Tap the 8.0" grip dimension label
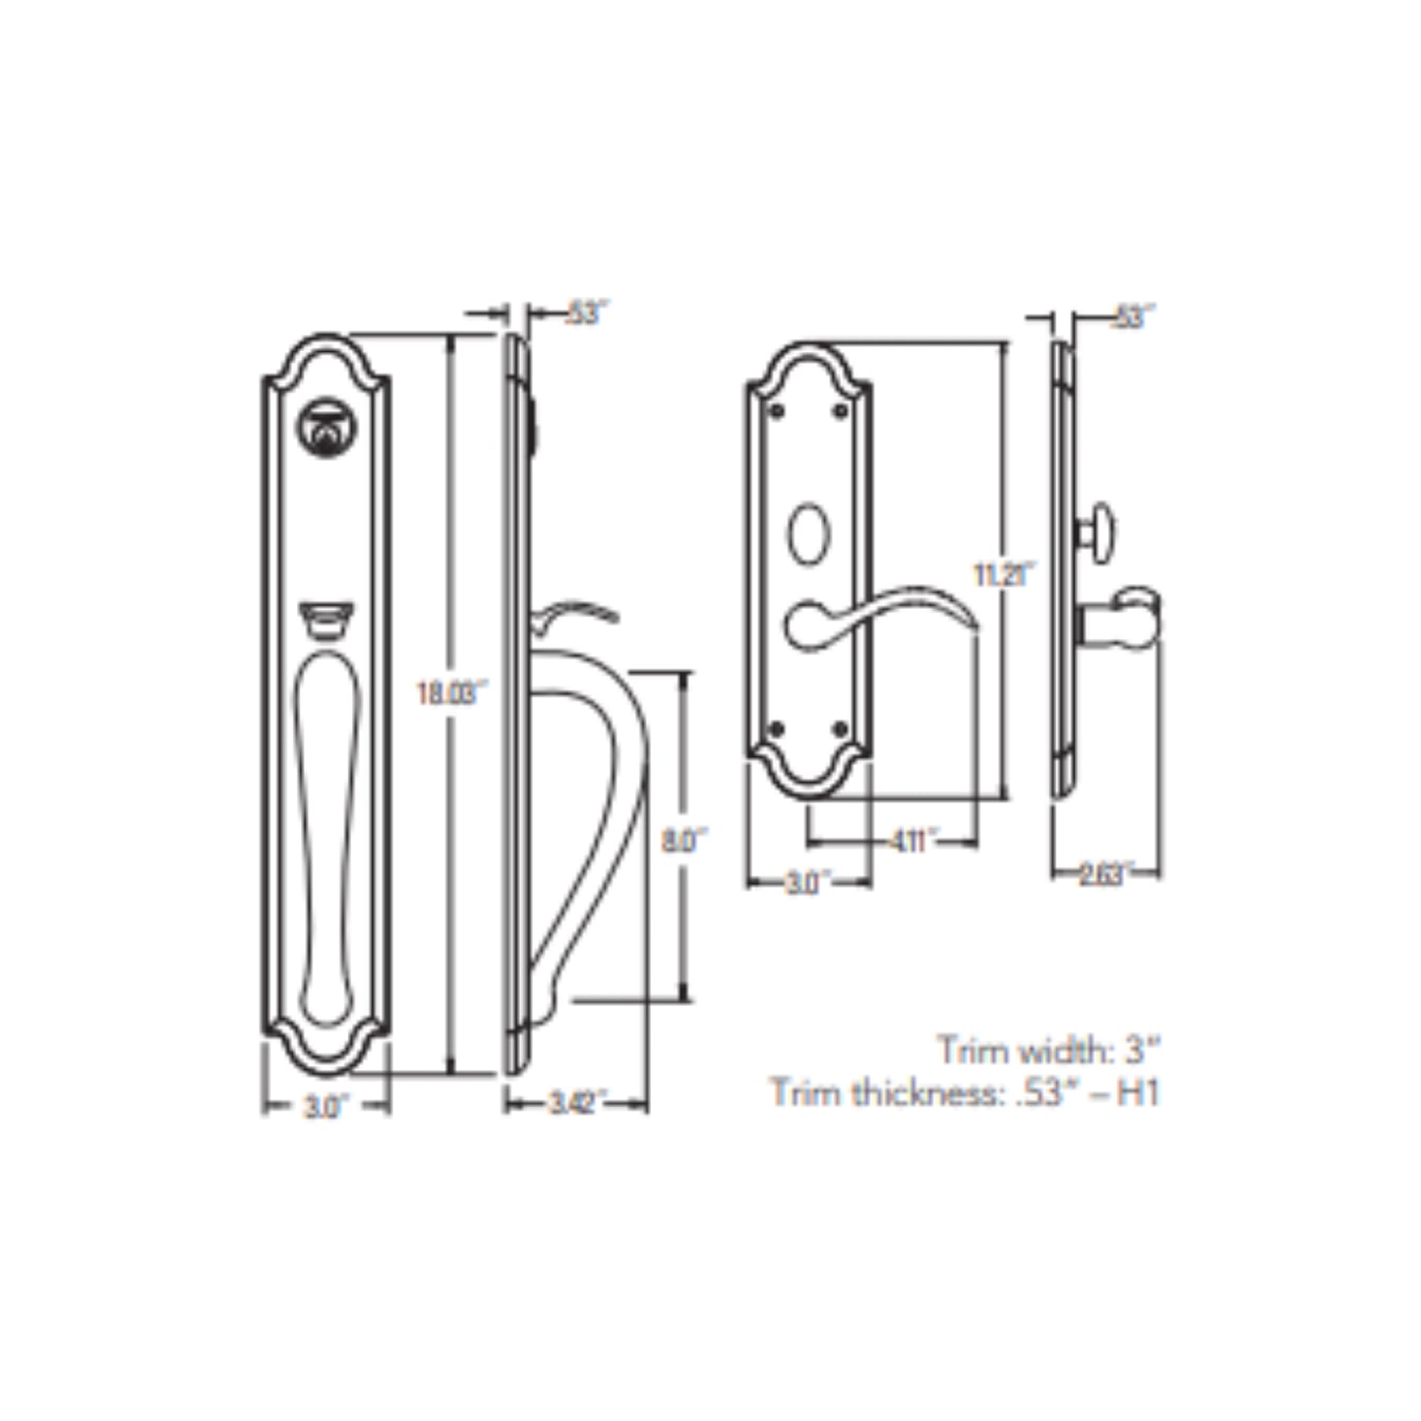(x=682, y=841)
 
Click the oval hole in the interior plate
(x=809, y=535)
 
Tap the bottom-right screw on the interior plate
(x=841, y=729)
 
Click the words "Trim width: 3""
(x=1047, y=1050)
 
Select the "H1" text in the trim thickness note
(x=1138, y=1093)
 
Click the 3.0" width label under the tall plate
(x=324, y=1106)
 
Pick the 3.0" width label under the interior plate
(x=804, y=883)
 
